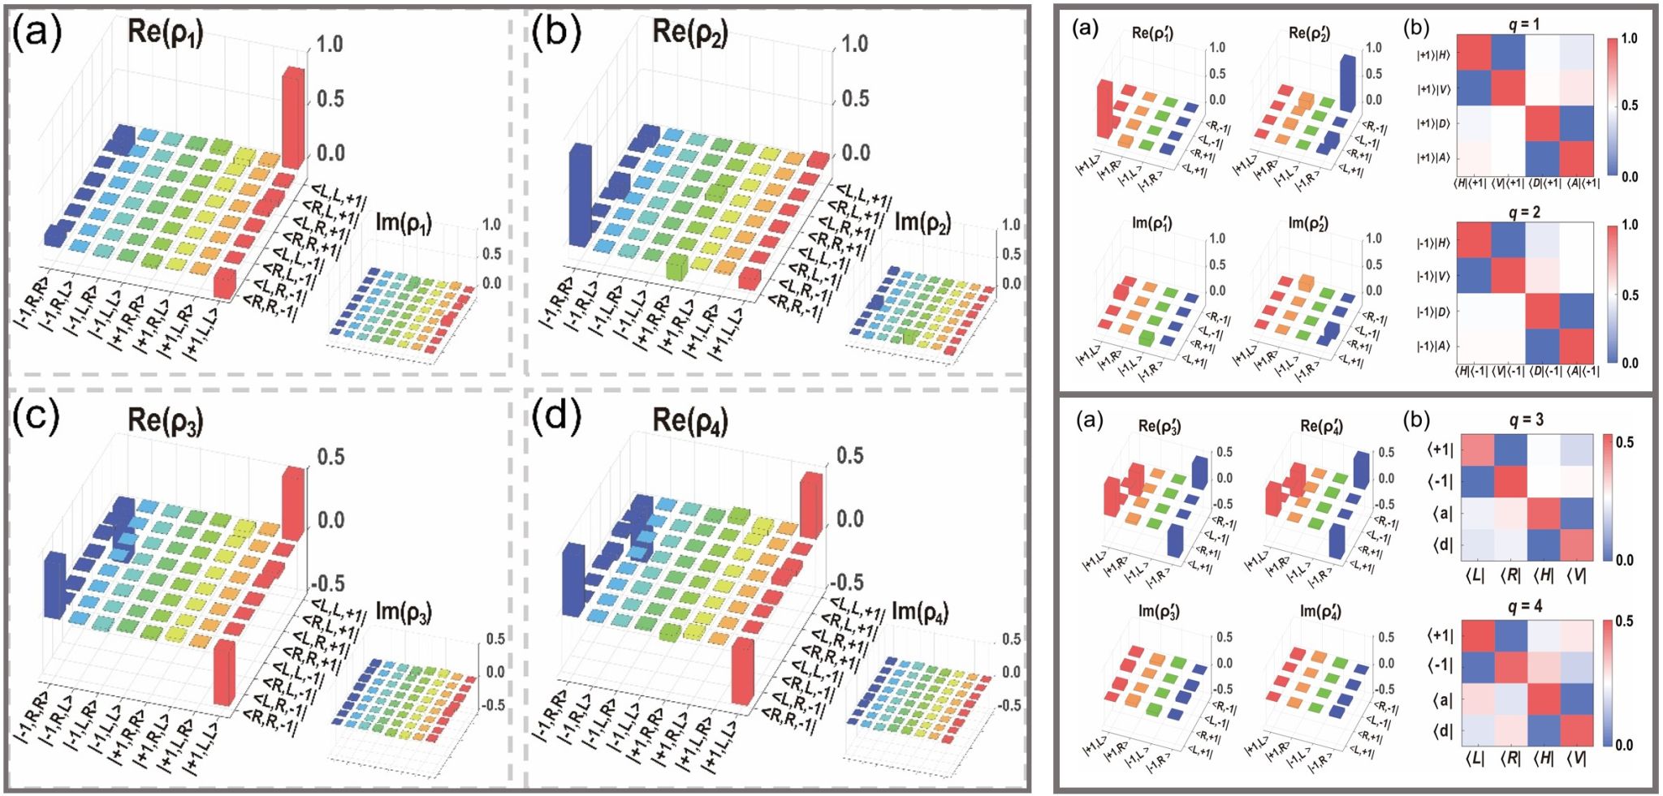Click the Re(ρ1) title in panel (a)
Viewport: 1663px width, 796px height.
click(x=166, y=32)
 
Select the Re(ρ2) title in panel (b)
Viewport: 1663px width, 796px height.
click(x=690, y=32)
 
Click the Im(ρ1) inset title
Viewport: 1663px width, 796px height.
click(x=404, y=223)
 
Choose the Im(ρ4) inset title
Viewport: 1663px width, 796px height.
click(x=920, y=611)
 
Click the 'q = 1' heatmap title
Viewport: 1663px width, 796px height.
click(x=1524, y=24)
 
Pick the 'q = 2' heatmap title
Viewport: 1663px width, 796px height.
click(x=1524, y=212)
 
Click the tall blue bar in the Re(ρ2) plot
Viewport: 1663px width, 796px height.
click(x=580, y=195)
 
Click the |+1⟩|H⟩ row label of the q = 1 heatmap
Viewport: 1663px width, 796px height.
click(x=1433, y=55)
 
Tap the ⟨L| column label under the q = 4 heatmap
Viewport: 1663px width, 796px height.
click(x=1475, y=759)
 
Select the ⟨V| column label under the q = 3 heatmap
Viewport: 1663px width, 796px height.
click(x=1576, y=575)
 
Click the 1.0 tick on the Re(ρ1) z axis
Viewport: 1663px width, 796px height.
click(x=330, y=44)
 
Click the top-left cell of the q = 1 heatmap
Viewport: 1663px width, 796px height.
click(x=1474, y=54)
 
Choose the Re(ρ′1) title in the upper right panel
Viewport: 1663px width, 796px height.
click(x=1152, y=33)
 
